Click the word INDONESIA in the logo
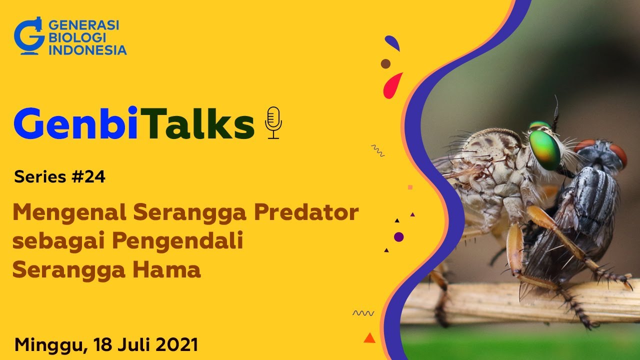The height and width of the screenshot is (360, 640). click(x=87, y=50)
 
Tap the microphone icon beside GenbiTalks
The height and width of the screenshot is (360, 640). click(x=273, y=122)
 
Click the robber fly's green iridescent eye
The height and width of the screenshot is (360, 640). click(x=544, y=149)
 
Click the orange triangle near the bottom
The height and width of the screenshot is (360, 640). click(x=369, y=338)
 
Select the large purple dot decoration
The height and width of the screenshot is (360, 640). click(x=398, y=237)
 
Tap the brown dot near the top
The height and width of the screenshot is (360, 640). click(x=385, y=64)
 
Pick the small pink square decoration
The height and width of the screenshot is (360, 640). click(x=410, y=187)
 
